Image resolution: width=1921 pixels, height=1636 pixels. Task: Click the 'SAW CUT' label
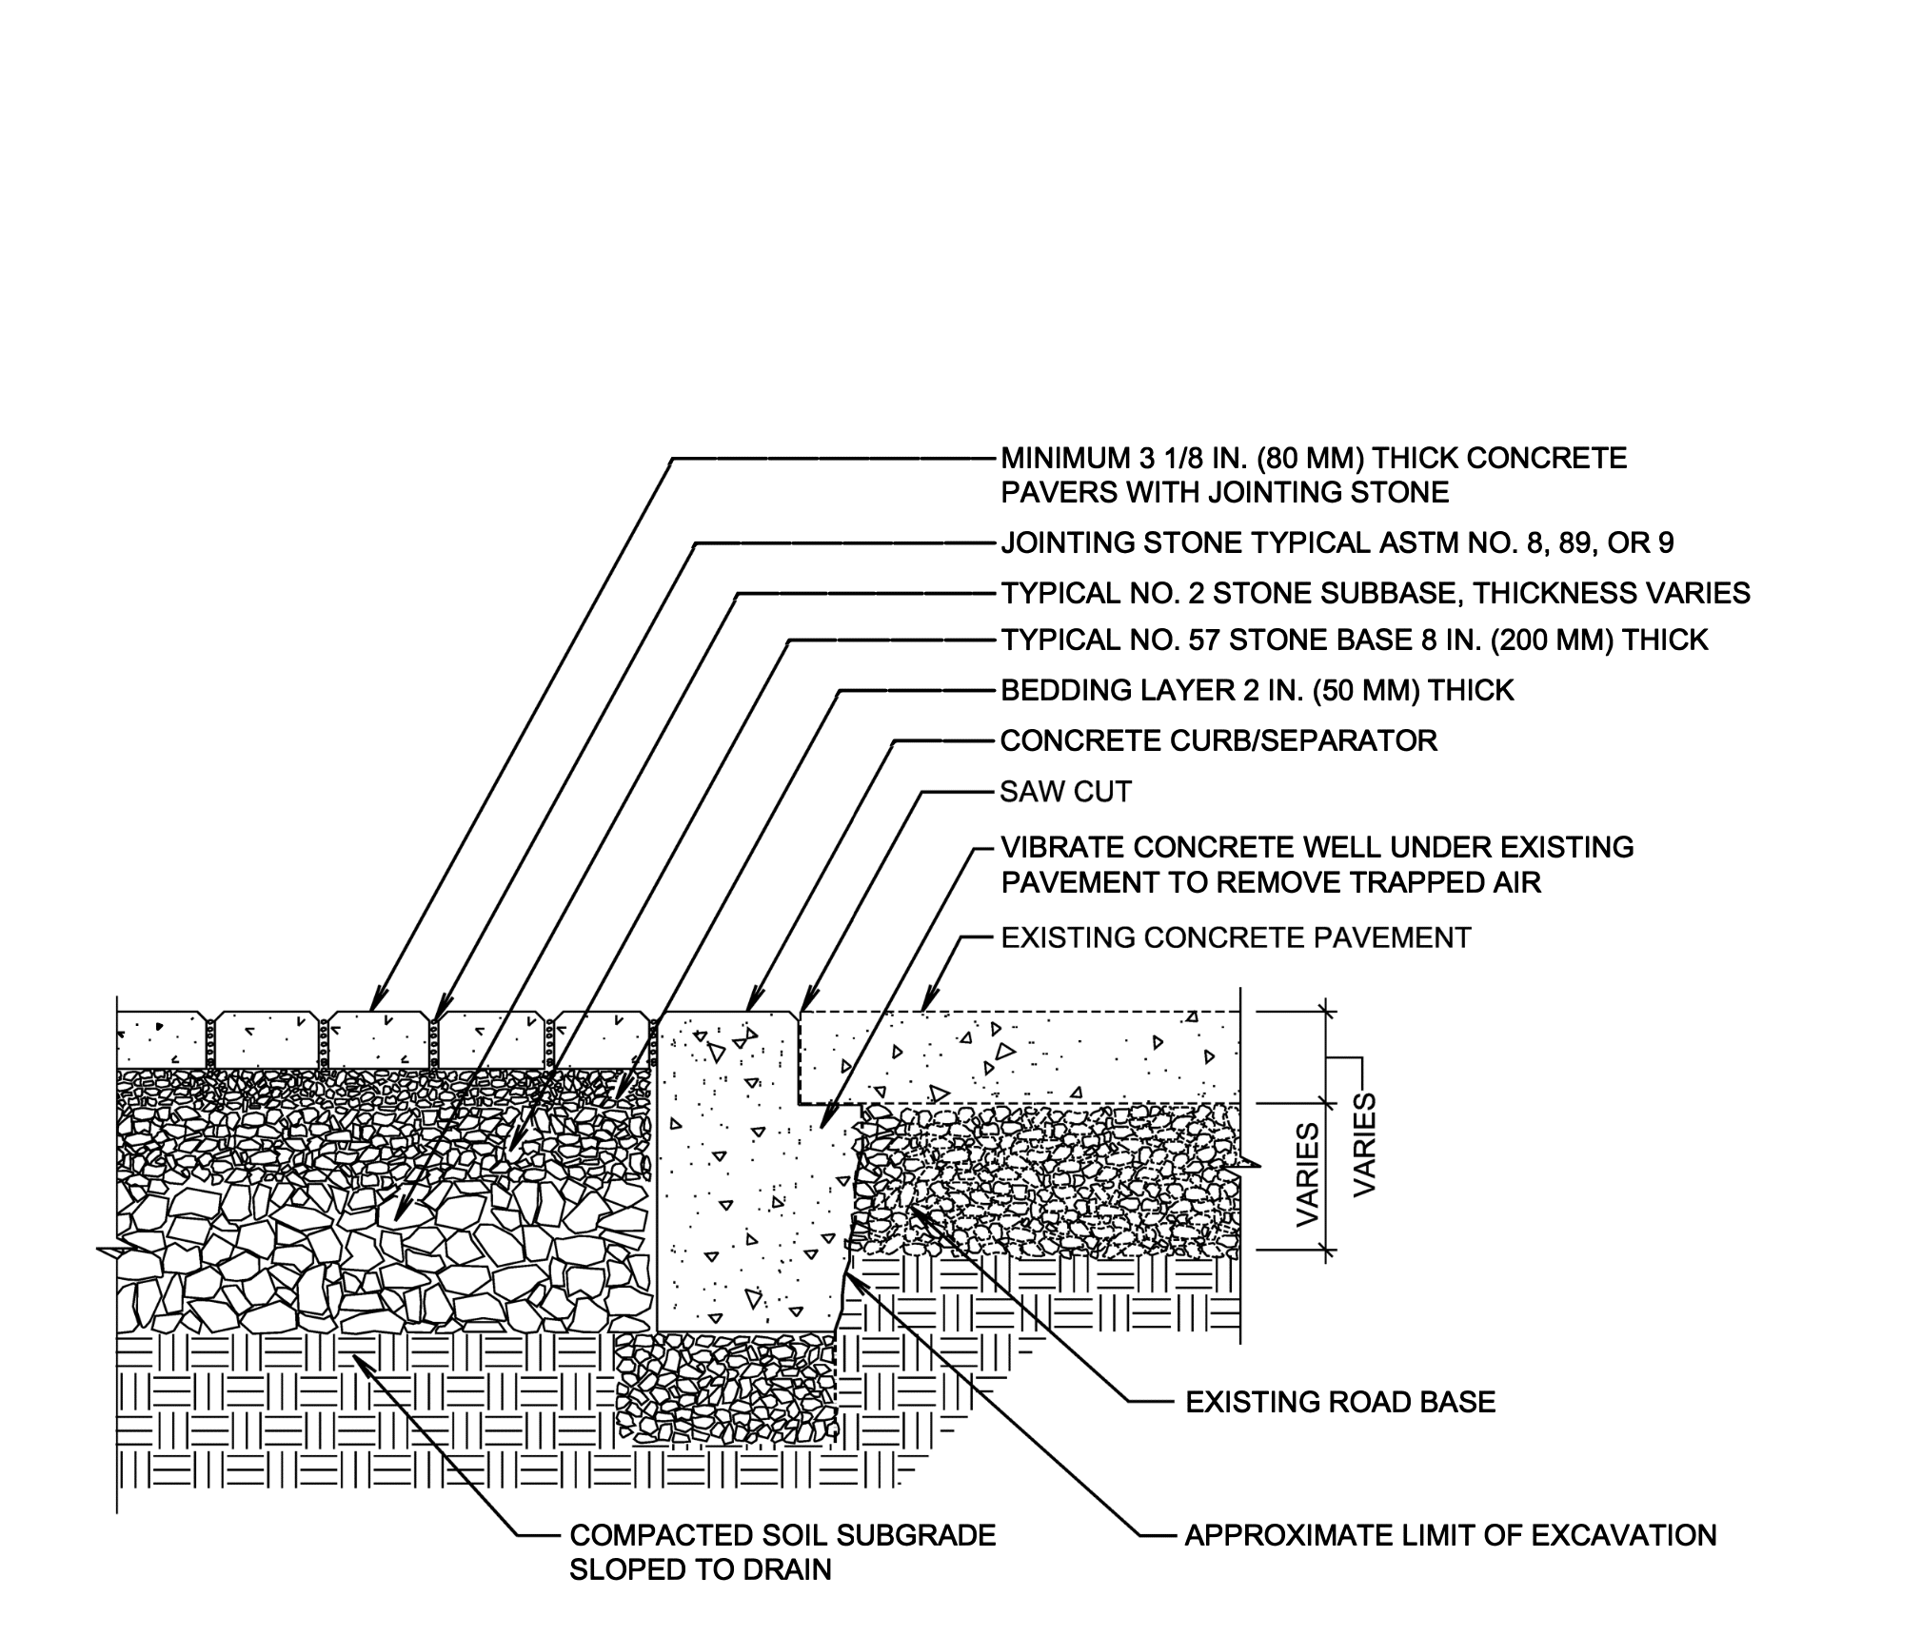pos(1065,792)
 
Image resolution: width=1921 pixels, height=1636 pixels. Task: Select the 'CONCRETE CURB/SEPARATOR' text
pos(1218,740)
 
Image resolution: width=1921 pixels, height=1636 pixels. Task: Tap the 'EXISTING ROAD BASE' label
pos(1340,1401)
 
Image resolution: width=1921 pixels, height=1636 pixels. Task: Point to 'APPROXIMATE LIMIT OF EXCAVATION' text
pos(1451,1535)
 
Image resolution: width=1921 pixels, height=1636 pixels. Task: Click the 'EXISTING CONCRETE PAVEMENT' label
pos(1236,937)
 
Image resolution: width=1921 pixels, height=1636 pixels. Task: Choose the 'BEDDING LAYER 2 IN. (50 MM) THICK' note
pos(1257,690)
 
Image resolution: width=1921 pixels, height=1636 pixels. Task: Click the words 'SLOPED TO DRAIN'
pos(700,1569)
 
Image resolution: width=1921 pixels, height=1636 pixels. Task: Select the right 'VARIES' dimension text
pos(1365,1145)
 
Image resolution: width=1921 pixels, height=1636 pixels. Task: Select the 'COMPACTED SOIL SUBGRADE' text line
pos(782,1535)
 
